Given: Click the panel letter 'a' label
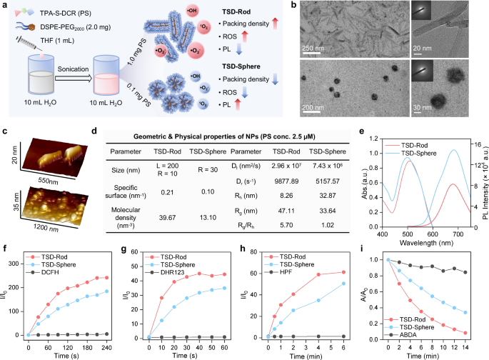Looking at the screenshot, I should [x=5, y=6].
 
